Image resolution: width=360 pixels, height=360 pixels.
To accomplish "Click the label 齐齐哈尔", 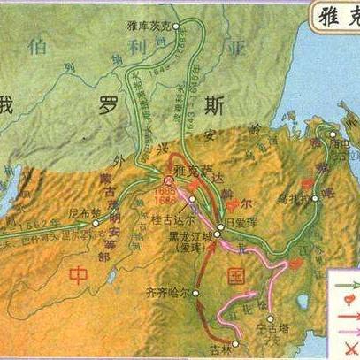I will click(165, 291).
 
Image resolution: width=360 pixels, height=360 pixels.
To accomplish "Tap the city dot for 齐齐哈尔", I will click(196, 293).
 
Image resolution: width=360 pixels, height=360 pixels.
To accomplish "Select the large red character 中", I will click(79, 275).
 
